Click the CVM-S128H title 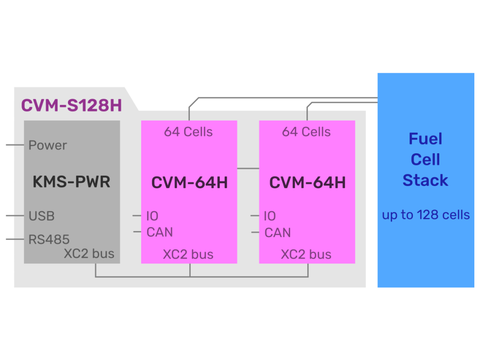click(x=71, y=105)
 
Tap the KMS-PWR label click(x=71, y=181)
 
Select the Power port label click(x=47, y=145)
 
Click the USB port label click(x=41, y=216)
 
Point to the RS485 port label click(x=49, y=240)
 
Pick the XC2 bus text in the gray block click(x=89, y=254)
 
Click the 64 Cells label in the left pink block click(x=188, y=132)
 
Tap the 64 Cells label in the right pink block click(x=306, y=132)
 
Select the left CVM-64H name click(x=189, y=182)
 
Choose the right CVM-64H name click(x=307, y=182)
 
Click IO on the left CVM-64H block click(x=152, y=216)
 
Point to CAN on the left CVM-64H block click(x=159, y=232)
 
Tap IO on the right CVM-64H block click(x=270, y=216)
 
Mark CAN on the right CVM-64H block click(x=277, y=232)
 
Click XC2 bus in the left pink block click(x=188, y=255)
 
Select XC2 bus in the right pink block click(x=306, y=255)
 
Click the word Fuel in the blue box click(x=425, y=139)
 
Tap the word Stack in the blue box click(x=425, y=180)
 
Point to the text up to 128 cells click(x=426, y=215)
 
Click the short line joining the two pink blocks click(x=248, y=168)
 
